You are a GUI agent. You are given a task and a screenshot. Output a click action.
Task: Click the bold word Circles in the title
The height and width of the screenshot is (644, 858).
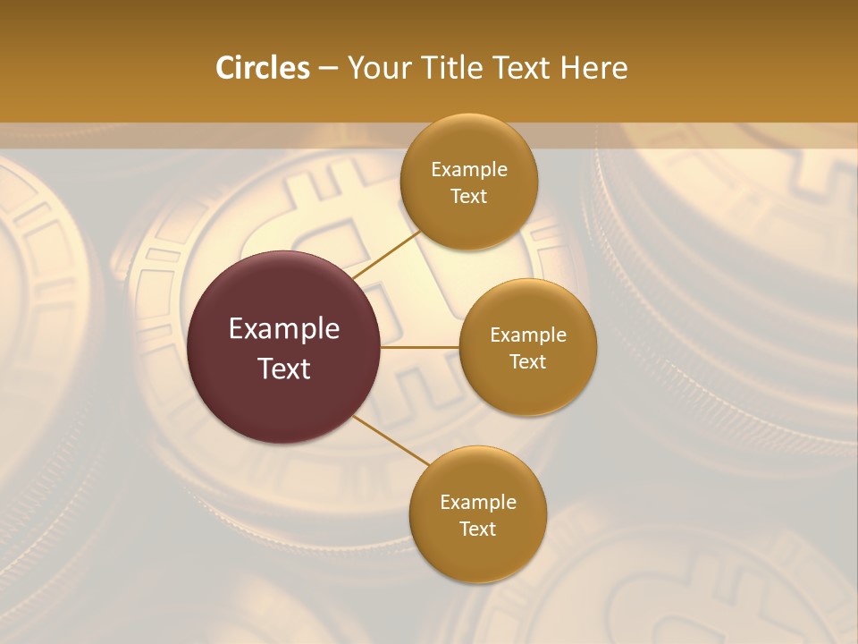click(263, 68)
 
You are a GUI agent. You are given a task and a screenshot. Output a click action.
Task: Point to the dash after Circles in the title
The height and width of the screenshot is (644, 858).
click(328, 69)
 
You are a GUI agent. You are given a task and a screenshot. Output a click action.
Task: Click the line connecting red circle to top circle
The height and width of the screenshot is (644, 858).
click(386, 253)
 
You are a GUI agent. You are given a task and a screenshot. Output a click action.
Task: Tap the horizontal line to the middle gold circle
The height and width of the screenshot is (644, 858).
click(420, 347)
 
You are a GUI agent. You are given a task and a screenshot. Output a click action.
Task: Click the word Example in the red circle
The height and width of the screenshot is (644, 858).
click(284, 329)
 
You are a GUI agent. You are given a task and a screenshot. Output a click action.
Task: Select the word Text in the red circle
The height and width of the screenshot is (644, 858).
click(284, 369)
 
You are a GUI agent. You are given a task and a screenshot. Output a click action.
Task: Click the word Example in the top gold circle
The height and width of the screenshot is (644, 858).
click(469, 170)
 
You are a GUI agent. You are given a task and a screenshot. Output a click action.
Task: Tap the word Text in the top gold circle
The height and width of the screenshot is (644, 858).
click(469, 197)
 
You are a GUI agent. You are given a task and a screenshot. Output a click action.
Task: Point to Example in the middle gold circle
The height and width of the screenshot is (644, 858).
click(528, 335)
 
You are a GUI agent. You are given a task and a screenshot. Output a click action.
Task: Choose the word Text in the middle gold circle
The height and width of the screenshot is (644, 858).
click(528, 362)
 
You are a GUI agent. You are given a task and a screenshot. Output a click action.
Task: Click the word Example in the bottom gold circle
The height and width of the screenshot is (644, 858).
click(478, 503)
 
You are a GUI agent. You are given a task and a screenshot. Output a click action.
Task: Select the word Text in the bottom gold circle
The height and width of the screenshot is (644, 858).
click(478, 530)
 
